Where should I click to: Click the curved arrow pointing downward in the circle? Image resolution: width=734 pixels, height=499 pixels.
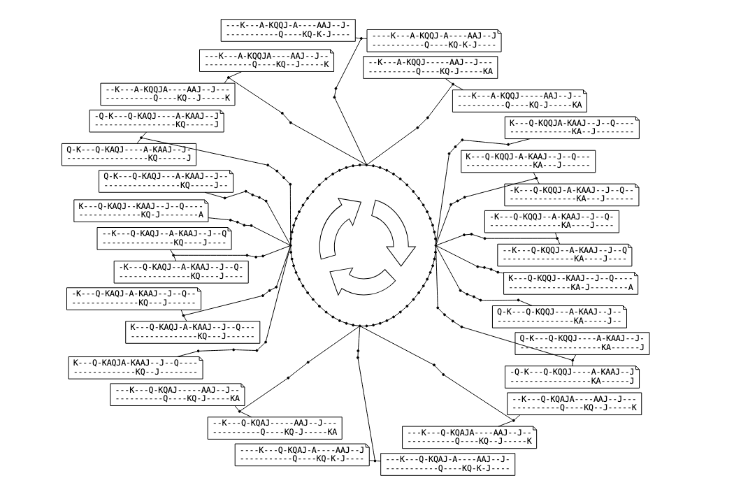pos(393,231)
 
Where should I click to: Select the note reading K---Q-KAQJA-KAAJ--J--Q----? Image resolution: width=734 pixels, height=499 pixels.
pos(136,368)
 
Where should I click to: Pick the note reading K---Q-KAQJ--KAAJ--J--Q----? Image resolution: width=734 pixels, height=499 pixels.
pos(141,211)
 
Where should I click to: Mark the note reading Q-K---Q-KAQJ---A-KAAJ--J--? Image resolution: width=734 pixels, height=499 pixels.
pos(165,181)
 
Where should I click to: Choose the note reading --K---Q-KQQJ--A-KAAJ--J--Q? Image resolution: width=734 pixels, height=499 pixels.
pos(566,255)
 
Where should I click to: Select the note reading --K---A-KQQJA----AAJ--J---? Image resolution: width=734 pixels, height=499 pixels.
pos(168,94)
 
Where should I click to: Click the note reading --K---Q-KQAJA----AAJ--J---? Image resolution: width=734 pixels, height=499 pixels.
pos(574,403)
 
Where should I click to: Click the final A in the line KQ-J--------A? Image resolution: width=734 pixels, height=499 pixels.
pos(201,216)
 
